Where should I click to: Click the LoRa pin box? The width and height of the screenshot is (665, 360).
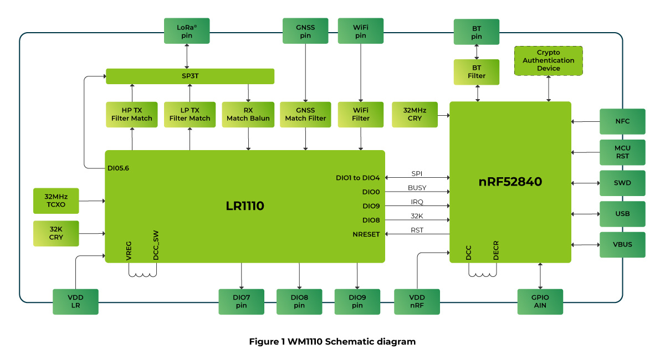pos(187,31)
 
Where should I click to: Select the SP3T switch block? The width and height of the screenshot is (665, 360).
pos(190,76)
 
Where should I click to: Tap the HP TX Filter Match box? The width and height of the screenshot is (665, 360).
pos(132,114)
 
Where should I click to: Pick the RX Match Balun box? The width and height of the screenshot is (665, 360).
pos(248,114)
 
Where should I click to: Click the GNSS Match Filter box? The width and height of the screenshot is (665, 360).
pos(305,114)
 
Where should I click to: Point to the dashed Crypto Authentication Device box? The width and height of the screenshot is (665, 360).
pos(549,60)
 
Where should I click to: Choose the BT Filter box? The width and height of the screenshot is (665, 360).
pos(477,72)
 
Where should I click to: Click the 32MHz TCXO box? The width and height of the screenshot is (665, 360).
pos(56,200)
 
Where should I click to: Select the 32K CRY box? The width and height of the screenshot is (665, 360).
pos(56,233)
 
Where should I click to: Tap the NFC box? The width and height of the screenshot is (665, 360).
pos(622,121)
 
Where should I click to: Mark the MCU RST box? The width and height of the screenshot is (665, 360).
pos(622,152)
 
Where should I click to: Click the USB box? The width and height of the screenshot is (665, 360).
pos(622,213)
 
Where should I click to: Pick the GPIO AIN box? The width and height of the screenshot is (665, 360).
pos(540,301)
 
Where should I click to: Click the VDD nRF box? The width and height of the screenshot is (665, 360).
pos(417,301)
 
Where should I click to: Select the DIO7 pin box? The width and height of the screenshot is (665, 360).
pos(242,301)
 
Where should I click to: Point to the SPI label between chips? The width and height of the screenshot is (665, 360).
pos(417,173)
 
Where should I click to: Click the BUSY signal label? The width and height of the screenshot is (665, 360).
pos(417,188)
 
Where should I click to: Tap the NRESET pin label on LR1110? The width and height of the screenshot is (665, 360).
pos(366,234)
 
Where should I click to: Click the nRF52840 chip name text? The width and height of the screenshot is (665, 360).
pos(510,182)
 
